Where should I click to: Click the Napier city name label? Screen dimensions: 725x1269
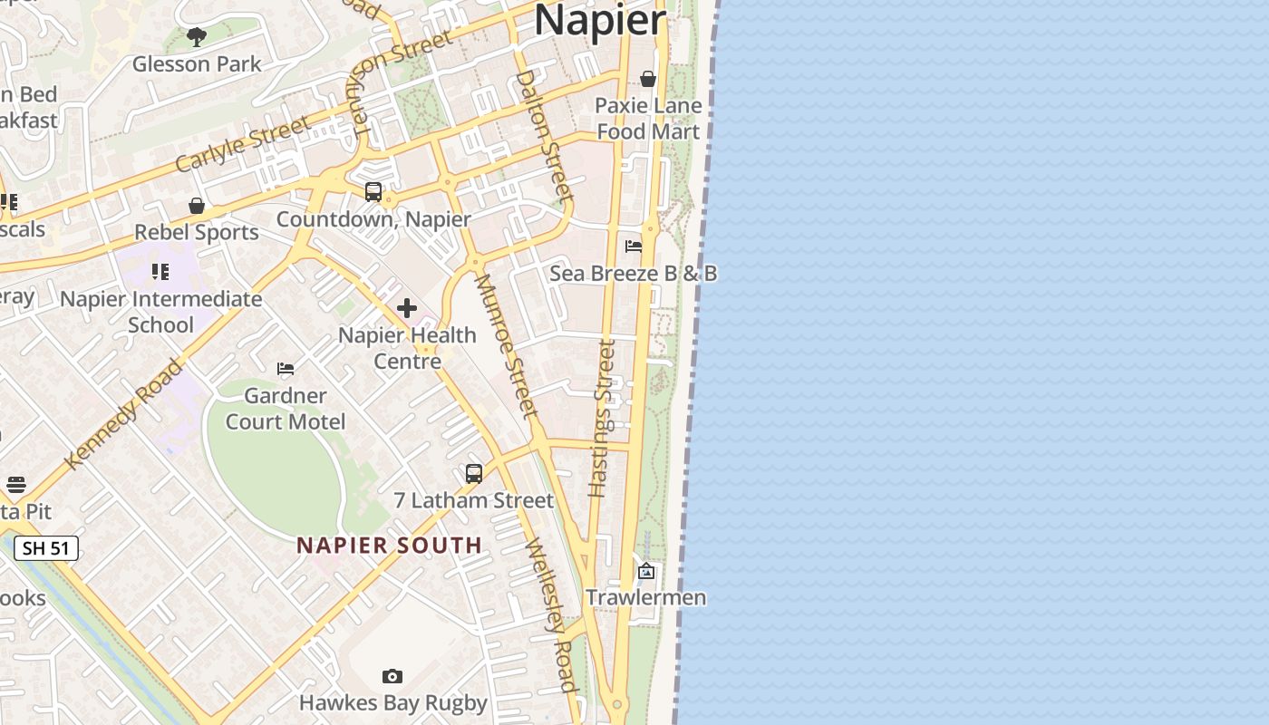600,20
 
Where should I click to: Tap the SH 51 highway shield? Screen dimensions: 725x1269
46,548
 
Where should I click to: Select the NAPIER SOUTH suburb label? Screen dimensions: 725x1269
390,546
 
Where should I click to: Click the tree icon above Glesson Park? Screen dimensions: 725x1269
197,37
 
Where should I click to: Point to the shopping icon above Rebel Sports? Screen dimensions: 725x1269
197,207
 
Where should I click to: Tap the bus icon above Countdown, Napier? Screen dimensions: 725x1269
373,192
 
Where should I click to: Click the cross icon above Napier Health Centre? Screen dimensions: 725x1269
407,309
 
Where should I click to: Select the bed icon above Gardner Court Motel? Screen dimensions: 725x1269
286,369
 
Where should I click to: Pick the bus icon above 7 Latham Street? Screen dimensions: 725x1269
474,473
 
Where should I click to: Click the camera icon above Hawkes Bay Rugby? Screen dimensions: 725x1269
392,677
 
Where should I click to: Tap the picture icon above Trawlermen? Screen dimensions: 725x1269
646,571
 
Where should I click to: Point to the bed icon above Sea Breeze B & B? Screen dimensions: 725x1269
634,246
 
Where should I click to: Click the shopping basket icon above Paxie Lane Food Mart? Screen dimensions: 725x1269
648,80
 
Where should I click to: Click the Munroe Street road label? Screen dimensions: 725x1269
507,346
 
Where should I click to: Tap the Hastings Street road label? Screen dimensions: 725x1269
602,419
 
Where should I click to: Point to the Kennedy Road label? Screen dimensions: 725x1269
123,414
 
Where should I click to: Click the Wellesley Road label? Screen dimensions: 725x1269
551,614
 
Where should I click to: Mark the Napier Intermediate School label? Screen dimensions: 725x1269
160,311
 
